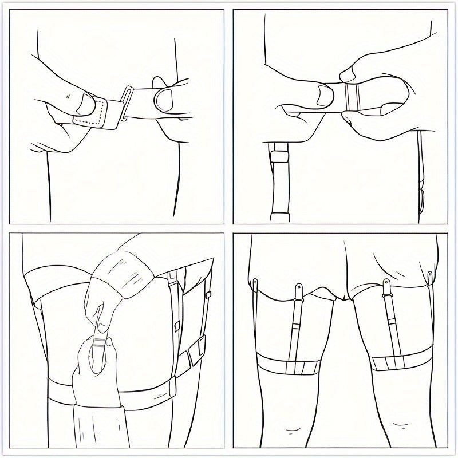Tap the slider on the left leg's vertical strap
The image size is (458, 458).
pyautogui.click(x=297, y=325)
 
